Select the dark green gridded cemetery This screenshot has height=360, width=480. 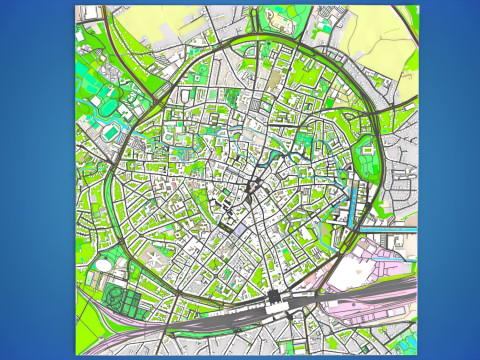(122, 301)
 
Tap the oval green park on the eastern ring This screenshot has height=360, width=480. (368, 160)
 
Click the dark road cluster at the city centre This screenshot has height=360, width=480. (252, 186)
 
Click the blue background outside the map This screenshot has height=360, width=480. (35, 180)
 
